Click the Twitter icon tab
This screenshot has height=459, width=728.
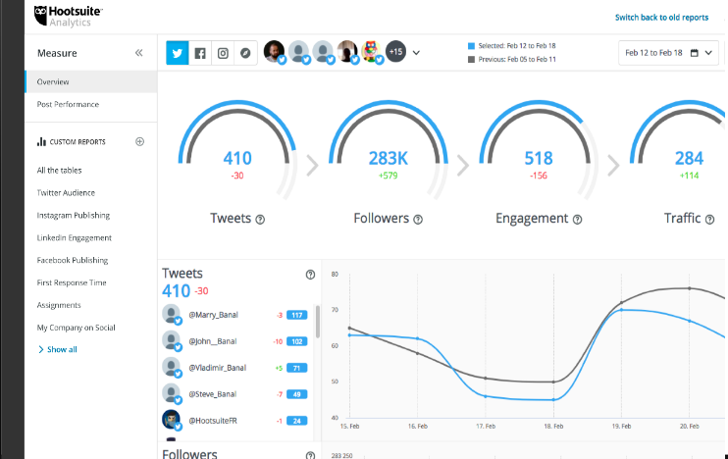(178, 53)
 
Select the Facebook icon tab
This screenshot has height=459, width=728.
(200, 53)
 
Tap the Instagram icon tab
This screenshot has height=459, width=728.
(223, 53)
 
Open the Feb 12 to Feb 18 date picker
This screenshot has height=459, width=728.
(668, 53)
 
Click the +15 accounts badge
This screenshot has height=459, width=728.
(396, 52)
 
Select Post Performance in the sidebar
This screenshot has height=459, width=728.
(68, 104)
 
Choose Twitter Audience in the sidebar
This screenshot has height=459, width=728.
(66, 193)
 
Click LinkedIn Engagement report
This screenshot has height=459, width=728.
(74, 237)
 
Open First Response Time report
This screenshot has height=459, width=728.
(71, 282)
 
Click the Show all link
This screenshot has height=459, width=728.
(61, 349)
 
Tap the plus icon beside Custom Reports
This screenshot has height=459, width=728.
(139, 141)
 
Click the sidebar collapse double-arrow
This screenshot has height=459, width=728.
(139, 53)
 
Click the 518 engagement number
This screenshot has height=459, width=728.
(538, 158)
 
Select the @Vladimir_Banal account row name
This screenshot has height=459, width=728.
(217, 368)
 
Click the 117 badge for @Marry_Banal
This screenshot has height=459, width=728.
(298, 315)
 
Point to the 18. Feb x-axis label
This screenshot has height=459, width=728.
(553, 428)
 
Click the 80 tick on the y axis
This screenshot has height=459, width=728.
(335, 274)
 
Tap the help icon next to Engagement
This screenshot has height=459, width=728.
(577, 220)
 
